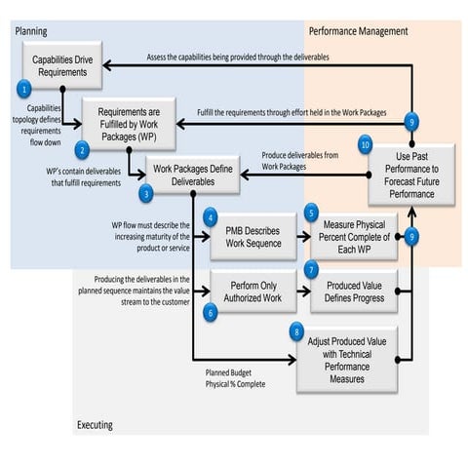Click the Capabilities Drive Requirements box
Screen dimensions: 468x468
(63, 66)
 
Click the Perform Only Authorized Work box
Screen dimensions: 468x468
(253, 292)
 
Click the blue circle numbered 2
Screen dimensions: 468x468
(83, 150)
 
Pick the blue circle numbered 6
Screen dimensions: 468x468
(211, 311)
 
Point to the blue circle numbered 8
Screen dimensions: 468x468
(297, 331)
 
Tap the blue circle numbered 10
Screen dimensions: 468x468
(366, 144)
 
